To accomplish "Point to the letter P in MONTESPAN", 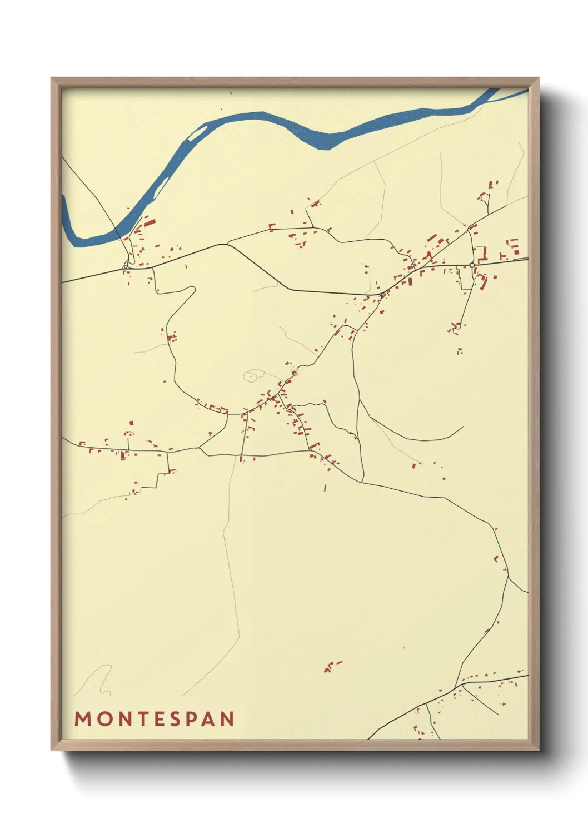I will point(192,719).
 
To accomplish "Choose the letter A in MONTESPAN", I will point(209,719).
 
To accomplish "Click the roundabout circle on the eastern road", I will point(472,265).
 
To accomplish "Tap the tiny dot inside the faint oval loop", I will point(250,376).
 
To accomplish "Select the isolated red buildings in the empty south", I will point(332,666).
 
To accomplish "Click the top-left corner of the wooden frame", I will point(53,80).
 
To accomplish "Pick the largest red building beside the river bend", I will point(150,224).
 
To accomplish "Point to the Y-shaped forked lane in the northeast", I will point(487,206).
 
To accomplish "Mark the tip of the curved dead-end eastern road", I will point(463,427).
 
